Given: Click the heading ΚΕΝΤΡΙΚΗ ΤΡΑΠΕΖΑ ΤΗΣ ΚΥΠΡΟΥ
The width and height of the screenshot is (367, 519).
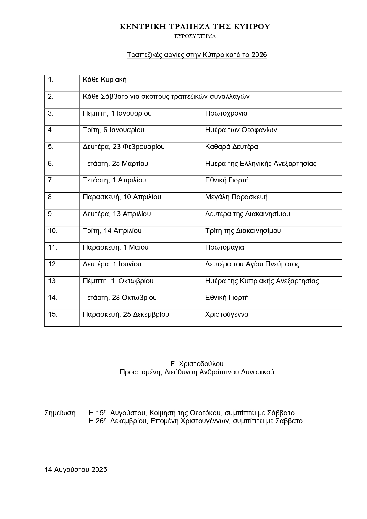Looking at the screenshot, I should coord(195,27).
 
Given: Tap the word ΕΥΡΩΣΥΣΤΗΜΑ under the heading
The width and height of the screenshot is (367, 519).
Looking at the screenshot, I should coord(195,36).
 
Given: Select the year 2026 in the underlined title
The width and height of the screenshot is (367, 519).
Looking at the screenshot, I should coord(259,55).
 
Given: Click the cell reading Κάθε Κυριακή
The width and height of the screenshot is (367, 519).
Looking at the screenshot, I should coord(105,80).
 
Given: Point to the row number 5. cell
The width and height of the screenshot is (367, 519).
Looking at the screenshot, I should coord(51,147).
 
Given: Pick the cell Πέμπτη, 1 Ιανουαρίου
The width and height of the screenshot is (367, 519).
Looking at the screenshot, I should coord(117,113).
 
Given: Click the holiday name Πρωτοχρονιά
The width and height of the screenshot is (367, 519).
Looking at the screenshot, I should coord(226,113).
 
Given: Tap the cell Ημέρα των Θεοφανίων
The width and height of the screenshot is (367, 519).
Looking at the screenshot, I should coord(241,130).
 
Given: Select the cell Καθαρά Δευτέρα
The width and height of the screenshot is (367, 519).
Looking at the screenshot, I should coord(232,147).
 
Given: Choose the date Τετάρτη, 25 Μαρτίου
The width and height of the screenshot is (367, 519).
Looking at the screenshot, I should coord(115,164).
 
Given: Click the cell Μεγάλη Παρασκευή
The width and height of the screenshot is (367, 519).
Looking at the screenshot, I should coord(236,197).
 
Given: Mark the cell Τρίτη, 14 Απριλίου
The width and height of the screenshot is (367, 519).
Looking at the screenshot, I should coord(112,231).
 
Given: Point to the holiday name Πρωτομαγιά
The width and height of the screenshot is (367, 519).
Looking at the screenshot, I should coord(225,247).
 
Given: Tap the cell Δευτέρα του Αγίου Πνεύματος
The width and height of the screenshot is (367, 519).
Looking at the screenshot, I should coord(252,264).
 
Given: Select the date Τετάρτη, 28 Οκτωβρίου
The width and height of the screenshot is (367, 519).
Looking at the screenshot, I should coord(120,298).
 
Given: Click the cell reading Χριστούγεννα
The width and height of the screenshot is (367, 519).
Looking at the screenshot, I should coord(227,314).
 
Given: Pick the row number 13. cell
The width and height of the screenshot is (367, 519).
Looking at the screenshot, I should coord(53,281).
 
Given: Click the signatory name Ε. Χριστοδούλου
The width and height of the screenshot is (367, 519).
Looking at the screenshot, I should coord(197,364).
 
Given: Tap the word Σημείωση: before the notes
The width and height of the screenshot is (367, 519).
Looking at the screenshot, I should coord(61,413).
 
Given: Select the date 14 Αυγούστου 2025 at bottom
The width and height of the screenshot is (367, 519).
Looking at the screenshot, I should coord(76,470).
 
